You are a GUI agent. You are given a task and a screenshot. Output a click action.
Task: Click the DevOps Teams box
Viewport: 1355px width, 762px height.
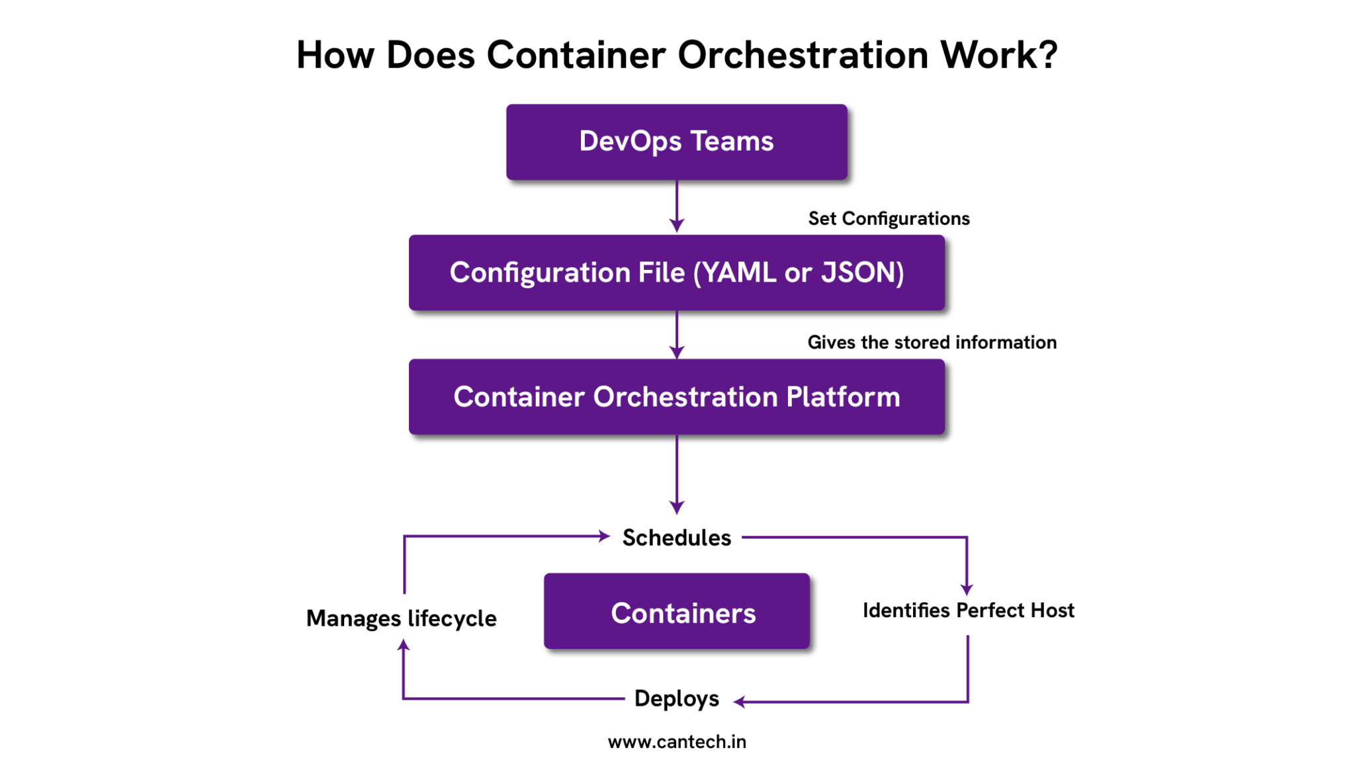pos(676,142)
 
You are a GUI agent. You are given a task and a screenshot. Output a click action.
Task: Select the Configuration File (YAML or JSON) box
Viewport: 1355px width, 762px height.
pos(676,273)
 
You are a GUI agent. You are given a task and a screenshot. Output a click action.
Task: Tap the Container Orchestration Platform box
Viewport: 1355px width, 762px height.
pos(676,397)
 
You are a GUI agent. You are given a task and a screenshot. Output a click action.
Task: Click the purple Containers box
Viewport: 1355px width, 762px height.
pos(676,611)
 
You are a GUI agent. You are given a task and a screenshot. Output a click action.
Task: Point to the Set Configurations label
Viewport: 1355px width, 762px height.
pos(889,219)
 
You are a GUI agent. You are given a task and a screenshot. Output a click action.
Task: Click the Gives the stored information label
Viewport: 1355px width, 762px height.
pos(932,343)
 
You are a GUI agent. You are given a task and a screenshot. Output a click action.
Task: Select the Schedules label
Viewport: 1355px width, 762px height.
pos(676,538)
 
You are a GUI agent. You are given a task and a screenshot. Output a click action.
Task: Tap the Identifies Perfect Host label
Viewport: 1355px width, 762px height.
pos(968,611)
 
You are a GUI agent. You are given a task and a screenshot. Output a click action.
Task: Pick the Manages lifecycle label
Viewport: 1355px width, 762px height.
pos(401,618)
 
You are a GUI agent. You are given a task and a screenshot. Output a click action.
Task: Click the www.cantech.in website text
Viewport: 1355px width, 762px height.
pos(676,742)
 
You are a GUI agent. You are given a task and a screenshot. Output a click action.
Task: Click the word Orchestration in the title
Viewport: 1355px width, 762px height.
pos(803,55)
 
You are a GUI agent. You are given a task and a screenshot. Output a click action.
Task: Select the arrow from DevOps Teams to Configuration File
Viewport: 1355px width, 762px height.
pos(676,205)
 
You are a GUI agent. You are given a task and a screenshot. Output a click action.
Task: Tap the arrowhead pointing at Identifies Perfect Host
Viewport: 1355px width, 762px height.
pos(967,589)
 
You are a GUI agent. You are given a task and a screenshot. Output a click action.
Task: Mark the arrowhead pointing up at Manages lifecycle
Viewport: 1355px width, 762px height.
pos(403,645)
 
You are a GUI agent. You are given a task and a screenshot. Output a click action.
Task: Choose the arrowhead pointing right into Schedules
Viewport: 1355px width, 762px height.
pos(603,536)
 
